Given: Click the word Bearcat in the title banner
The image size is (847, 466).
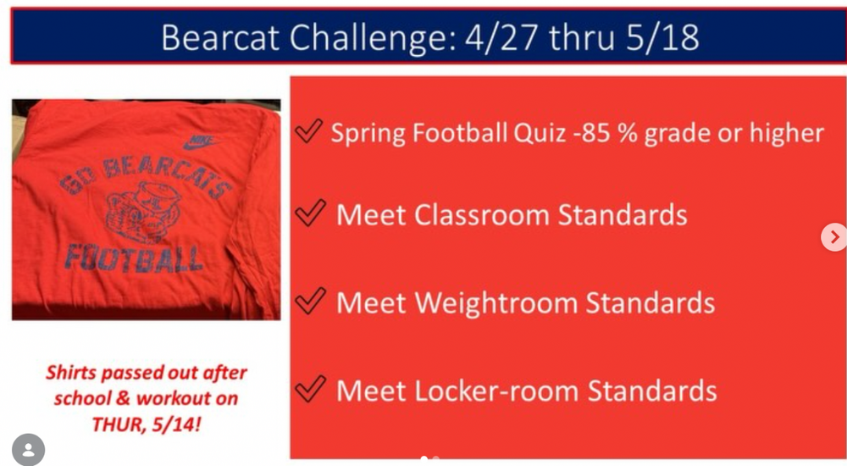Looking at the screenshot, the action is click(220, 37).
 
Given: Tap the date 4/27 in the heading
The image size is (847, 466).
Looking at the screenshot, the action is click(501, 37).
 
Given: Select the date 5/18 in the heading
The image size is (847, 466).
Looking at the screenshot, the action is click(662, 37).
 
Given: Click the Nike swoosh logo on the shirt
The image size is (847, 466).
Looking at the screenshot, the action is click(201, 141).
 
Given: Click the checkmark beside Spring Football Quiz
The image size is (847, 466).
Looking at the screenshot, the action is click(308, 130).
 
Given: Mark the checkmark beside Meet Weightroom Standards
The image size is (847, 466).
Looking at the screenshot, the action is click(311, 301).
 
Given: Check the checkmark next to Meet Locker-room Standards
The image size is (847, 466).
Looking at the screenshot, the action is click(311, 389).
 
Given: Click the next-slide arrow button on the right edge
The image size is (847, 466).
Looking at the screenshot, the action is click(834, 236).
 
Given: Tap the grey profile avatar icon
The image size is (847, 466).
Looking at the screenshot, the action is click(28, 450).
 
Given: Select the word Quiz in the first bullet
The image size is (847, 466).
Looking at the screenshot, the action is click(540, 134).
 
